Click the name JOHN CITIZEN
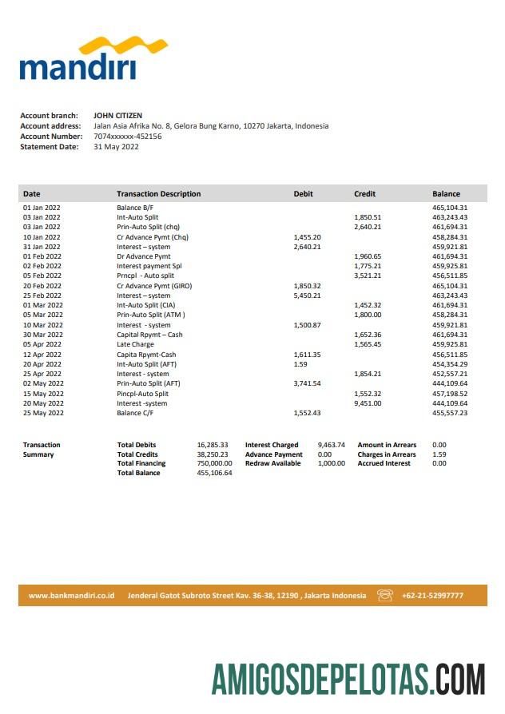coord(117,116)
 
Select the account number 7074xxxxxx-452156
coord(127,137)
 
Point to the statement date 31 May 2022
coord(116,147)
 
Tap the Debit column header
coord(304,194)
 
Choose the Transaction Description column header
coord(158,194)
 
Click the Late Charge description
coord(136,344)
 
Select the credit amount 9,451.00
coord(368,403)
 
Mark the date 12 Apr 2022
coord(42,355)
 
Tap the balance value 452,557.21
coord(449,374)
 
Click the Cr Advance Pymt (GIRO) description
coord(154,286)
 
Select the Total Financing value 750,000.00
coord(214,463)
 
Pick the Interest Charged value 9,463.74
coord(331,445)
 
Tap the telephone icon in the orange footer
coord(385,595)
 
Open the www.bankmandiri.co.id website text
coord(72,596)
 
